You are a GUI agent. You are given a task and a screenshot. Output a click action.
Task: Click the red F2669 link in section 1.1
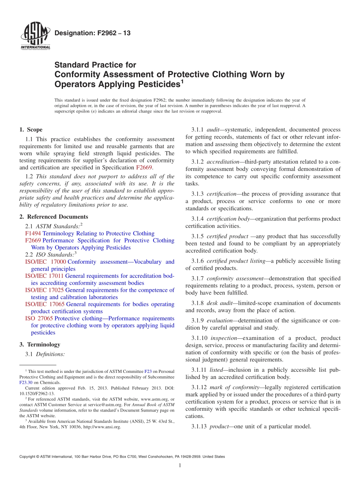(x=144, y=167)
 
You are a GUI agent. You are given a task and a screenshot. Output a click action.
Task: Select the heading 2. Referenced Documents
(x=53, y=217)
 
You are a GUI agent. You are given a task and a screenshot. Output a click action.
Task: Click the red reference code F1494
(x=33, y=233)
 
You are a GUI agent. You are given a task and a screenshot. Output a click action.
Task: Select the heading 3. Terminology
(x=40, y=344)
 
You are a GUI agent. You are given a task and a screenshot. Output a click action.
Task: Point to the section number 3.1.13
(x=199, y=426)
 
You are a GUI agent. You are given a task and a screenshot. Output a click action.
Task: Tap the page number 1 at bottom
(x=180, y=465)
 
